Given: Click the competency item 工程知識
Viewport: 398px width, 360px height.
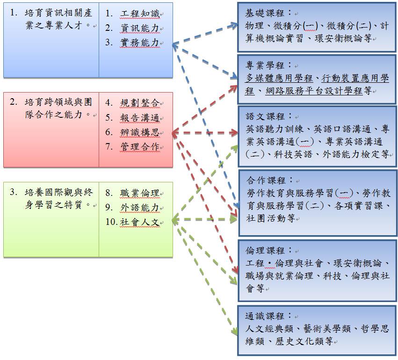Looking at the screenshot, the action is (140, 14).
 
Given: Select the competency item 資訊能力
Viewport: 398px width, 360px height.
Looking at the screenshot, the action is (140, 28).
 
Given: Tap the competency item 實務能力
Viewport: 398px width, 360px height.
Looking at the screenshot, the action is (140, 43).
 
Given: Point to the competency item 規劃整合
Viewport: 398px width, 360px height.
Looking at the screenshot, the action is (140, 103).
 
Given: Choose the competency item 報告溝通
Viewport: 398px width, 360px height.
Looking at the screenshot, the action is (140, 118).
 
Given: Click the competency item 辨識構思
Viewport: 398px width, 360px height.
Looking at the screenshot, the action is (140, 132).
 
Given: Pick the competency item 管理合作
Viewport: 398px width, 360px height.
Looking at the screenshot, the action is (140, 147).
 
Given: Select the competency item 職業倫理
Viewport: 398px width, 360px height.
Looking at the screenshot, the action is (140, 193).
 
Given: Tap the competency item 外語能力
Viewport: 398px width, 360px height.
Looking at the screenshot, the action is (140, 208).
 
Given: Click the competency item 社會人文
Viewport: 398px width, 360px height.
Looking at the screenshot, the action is (140, 222).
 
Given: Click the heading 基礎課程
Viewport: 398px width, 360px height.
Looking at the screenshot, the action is (265, 13).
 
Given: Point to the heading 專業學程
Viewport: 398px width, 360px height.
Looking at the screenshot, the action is (265, 65).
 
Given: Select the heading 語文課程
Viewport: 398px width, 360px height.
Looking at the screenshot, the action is (265, 116).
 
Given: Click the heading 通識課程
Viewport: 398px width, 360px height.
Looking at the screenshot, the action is (265, 316).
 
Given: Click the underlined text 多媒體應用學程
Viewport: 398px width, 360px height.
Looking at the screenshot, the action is (279, 78).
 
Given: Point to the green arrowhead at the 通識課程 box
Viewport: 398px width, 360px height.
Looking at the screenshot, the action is (234, 331).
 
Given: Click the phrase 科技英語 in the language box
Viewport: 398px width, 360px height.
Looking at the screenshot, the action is (293, 154).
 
